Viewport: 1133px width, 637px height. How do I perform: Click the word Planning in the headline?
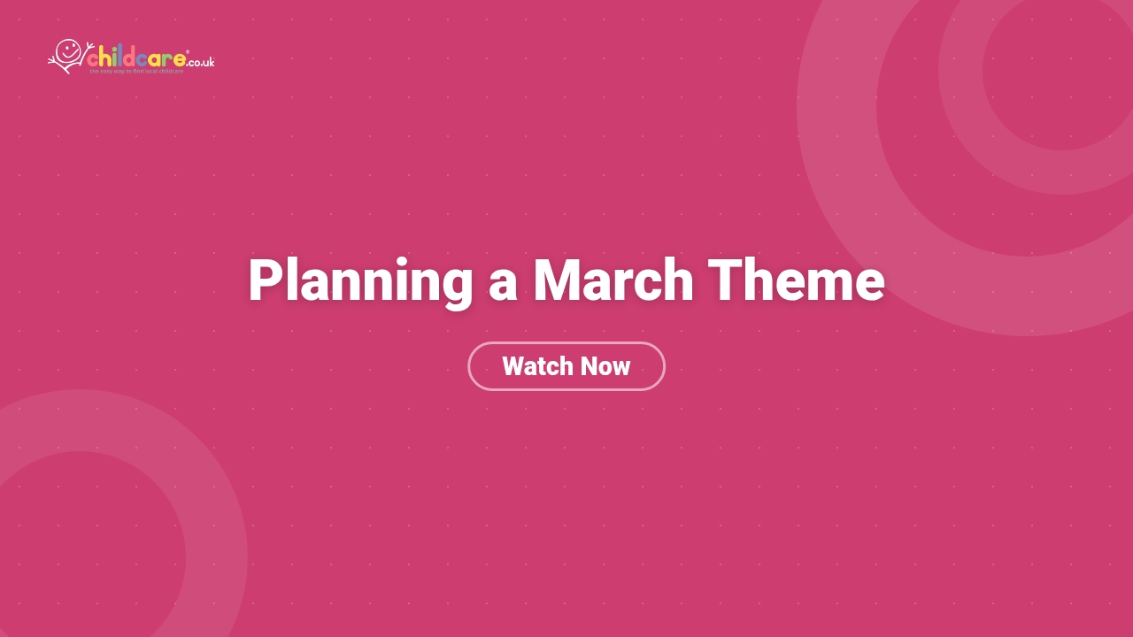point(359,281)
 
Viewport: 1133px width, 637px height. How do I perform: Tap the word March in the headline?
point(613,281)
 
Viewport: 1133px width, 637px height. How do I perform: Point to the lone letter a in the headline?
point(502,285)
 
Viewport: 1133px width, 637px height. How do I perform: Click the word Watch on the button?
point(534,366)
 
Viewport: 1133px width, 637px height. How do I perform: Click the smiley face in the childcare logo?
point(68,50)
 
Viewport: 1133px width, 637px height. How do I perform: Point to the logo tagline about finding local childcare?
point(136,72)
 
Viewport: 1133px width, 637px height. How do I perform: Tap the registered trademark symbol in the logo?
point(188,52)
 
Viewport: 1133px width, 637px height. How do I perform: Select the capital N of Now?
point(588,366)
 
